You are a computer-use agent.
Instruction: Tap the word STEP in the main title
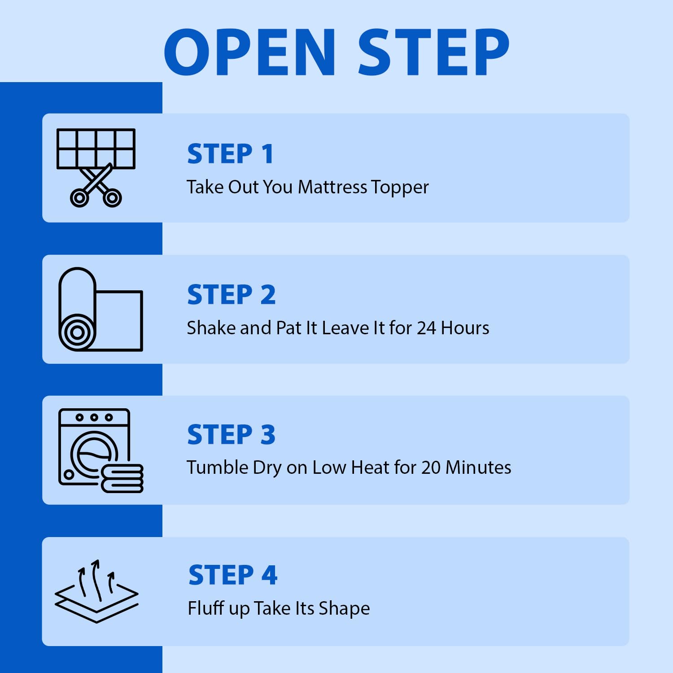click(434, 52)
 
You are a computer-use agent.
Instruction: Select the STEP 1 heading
click(230, 154)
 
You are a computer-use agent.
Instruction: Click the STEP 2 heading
click(232, 295)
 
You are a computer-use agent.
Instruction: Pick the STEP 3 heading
click(232, 435)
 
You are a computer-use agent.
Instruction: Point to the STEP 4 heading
click(233, 575)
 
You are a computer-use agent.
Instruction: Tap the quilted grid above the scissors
click(96, 149)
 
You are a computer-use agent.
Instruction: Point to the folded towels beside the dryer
click(122, 478)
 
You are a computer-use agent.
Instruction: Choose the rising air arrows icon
click(96, 591)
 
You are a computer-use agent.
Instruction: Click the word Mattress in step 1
click(332, 187)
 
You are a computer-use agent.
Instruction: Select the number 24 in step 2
click(426, 328)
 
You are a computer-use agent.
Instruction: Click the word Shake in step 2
click(211, 328)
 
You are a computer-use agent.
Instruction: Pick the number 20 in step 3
click(431, 468)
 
